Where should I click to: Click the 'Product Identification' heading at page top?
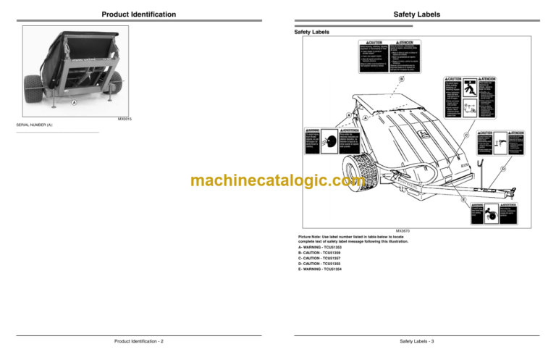coord(138,14)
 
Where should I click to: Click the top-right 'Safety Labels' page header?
coord(416,14)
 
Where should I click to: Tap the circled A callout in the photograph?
coord(73,102)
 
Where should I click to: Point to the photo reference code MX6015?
coord(125,117)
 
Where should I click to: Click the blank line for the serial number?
coord(57,133)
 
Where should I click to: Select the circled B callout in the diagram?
coord(401,78)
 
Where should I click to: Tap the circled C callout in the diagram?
coord(466,135)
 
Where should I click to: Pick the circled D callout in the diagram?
coord(502,169)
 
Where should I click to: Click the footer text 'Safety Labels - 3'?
coord(417,340)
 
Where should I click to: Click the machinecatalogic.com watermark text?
coord(278,181)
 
